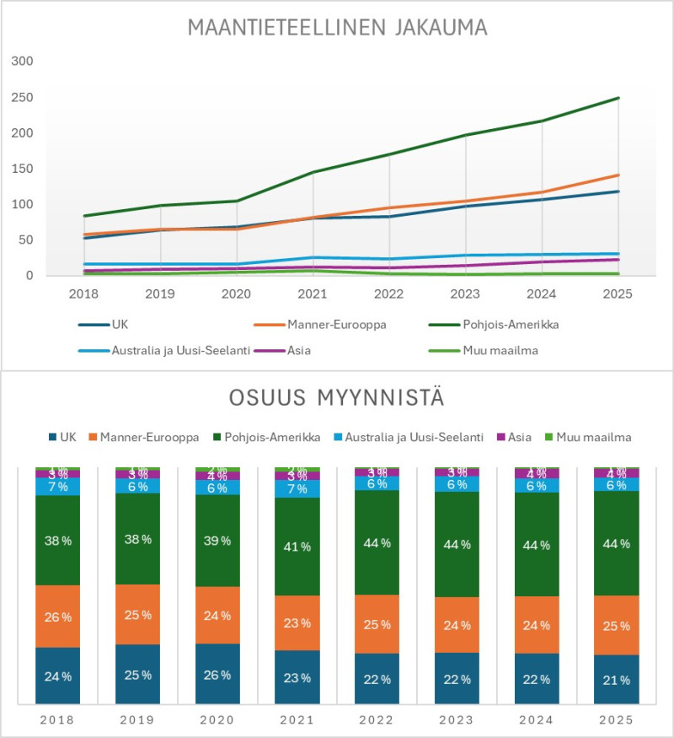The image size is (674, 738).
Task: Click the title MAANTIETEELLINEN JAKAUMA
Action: [x=337, y=28]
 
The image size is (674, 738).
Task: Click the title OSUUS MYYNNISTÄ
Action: [x=336, y=397]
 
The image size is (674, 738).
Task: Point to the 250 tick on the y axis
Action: [x=23, y=97]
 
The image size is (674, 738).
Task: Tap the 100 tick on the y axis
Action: [x=23, y=204]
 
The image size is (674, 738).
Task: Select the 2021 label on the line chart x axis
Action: [x=312, y=294]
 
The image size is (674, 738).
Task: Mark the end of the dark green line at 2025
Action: [x=618, y=98]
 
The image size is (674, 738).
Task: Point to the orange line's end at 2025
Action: [x=618, y=175]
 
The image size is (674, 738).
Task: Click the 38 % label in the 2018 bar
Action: [x=57, y=540]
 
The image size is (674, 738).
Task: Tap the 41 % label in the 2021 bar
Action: [x=297, y=547]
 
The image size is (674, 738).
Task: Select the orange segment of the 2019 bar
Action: [x=137, y=614]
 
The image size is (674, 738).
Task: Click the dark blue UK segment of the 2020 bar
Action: [x=217, y=673]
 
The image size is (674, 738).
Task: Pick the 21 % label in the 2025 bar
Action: [x=617, y=679]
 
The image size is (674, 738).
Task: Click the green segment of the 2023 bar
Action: [x=457, y=544]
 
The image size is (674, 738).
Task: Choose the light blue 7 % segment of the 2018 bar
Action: [x=57, y=487]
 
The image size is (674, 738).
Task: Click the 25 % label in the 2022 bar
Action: [x=377, y=624]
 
